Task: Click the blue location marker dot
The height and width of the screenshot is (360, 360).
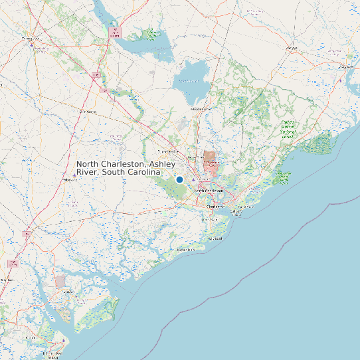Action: point(179,179)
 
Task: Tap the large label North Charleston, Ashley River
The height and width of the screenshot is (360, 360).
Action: point(126,168)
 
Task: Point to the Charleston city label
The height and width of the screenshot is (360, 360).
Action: point(215,207)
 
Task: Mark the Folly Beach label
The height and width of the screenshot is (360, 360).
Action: point(215,238)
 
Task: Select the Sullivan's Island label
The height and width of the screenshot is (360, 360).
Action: point(237,212)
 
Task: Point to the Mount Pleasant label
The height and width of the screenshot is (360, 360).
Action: point(246,207)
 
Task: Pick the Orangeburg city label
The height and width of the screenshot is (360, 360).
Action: point(30,39)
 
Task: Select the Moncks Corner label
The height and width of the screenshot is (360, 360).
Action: point(201,108)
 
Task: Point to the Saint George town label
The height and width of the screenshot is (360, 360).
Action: point(88,112)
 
